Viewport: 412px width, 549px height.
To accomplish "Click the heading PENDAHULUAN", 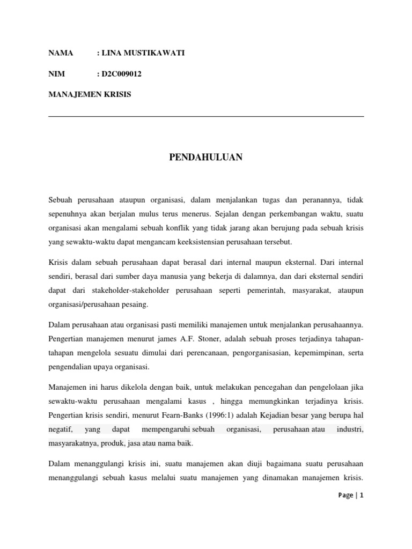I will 206,157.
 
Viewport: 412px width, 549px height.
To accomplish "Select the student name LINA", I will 113,54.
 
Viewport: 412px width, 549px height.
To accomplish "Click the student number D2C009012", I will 121,74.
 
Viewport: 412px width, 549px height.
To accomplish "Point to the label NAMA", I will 60,54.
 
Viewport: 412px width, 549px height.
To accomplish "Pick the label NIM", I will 56,74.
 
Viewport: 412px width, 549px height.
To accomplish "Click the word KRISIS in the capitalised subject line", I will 117,94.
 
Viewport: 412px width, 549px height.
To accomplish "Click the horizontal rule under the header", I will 206,116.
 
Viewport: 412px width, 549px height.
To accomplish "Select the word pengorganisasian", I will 259,353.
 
